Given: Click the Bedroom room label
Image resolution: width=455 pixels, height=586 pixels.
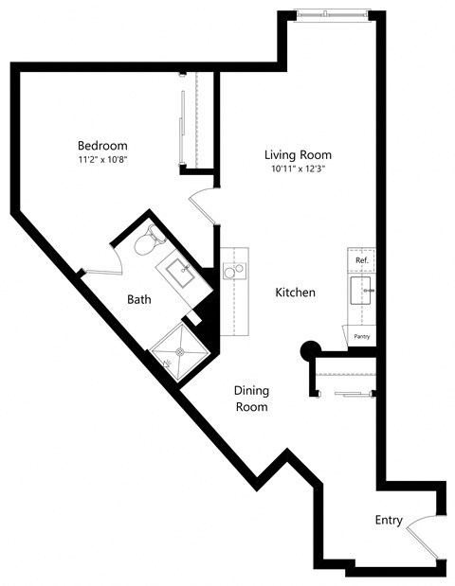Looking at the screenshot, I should click(102, 146).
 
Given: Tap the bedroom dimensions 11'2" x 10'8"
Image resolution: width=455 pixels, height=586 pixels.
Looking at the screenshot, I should click(102, 160).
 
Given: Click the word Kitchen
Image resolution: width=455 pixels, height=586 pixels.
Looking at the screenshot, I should click(295, 293).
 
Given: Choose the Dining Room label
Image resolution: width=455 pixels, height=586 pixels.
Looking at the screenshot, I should click(251, 399).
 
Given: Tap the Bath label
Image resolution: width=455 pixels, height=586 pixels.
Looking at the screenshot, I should click(139, 299).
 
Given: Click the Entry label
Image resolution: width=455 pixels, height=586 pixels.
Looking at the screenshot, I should click(389, 520).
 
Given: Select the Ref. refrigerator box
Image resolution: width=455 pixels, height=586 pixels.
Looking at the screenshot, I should click(361, 259).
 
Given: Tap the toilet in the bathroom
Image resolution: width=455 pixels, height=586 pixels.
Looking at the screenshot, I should click(145, 244).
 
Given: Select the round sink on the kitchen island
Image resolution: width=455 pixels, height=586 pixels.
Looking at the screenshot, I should click(229, 272).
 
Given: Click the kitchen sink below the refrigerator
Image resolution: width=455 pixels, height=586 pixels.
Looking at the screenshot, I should click(360, 290).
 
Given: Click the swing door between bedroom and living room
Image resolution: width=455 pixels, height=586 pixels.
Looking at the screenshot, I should click(203, 204).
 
